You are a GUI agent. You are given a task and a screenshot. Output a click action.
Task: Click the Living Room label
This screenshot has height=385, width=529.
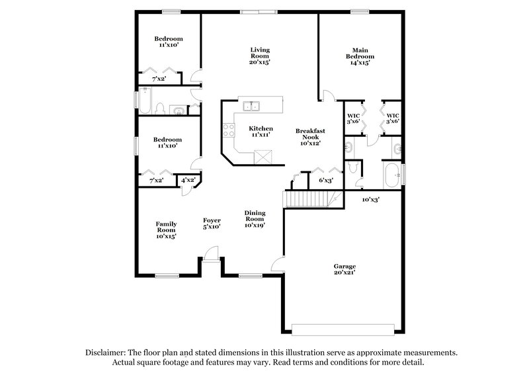click(x=259, y=56)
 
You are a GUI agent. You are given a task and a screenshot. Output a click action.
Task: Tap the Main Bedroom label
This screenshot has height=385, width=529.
click(x=359, y=56)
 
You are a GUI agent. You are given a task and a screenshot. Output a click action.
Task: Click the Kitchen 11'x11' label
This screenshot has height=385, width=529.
click(x=261, y=131)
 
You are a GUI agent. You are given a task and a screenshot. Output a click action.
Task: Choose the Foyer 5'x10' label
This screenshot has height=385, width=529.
click(x=212, y=223)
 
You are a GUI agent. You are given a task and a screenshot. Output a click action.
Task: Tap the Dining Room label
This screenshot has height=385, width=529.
click(x=255, y=219)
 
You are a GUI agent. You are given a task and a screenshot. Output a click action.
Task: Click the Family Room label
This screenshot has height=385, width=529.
click(x=166, y=230)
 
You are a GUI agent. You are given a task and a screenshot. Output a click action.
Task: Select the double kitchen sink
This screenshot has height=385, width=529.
click(x=251, y=106)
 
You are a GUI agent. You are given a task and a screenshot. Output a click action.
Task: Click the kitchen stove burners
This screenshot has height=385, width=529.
click(x=229, y=130)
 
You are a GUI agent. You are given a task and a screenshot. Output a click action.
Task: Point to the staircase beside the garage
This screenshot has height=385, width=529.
click(x=307, y=198)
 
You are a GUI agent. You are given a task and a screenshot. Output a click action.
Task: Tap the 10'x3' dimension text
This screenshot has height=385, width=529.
click(x=370, y=199)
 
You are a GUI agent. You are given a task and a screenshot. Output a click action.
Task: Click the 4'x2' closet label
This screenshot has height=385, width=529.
click(x=188, y=180)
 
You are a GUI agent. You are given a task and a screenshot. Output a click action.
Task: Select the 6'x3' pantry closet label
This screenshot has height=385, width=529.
click(x=325, y=180)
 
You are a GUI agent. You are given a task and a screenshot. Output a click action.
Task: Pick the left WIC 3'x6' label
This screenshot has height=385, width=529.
click(x=354, y=118)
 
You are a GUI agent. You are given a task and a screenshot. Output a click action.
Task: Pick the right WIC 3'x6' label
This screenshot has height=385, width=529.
click(x=393, y=118)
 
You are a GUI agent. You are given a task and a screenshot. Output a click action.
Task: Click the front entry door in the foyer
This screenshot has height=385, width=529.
click(x=211, y=253)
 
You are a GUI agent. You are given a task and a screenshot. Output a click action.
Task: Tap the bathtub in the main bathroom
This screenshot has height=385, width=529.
click(x=391, y=176)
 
